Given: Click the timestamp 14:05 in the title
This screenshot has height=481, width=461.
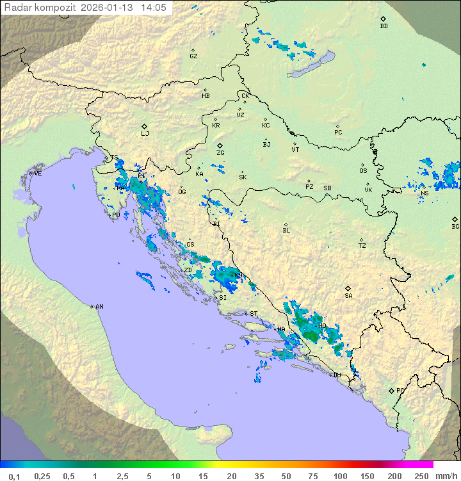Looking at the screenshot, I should point(153,8).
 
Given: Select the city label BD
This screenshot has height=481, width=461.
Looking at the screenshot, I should point(384,26).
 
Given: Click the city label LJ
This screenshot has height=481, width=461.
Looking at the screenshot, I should point(145,134).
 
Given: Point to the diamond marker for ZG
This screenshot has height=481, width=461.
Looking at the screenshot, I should point(220,146).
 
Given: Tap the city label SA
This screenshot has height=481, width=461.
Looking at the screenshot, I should point(348,296).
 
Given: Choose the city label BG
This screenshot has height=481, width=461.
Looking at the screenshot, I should point(455,226).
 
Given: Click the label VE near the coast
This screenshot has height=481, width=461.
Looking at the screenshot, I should point(38,174).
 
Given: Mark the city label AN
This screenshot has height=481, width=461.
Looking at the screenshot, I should point(99,307).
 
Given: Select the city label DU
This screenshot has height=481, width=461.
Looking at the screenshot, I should point(336,375).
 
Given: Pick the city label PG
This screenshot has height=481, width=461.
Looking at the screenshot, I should point(400,390).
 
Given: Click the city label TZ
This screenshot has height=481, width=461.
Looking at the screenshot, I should point(362,246).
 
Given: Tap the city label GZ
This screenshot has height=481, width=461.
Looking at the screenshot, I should point(193,56).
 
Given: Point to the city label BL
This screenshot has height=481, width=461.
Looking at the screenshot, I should point(286,231).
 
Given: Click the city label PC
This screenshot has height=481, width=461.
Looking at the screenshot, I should point(338,133).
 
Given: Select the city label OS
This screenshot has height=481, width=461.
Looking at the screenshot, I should point(363,171).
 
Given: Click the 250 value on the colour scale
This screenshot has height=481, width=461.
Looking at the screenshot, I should point(421,476).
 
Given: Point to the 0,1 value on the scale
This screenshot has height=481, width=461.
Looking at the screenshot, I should point(14,476).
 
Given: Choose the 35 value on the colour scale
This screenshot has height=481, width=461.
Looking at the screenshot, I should point(259,476).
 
